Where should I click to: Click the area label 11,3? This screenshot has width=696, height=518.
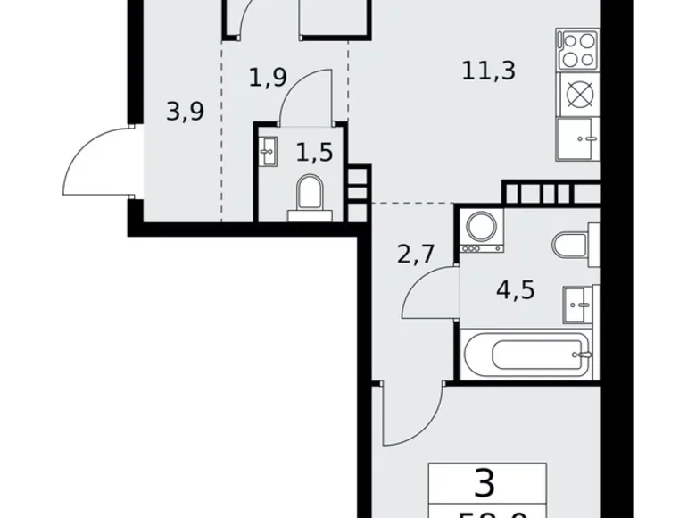(490, 70)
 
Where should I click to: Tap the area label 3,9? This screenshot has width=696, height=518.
(186, 112)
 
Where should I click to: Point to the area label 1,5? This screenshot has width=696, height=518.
(314, 152)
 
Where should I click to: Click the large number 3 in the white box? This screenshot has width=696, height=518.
(485, 484)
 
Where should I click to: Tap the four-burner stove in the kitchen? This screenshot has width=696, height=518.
(578, 49)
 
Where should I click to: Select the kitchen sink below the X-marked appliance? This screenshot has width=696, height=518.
(578, 139)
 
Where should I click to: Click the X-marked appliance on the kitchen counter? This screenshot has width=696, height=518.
(578, 93)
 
